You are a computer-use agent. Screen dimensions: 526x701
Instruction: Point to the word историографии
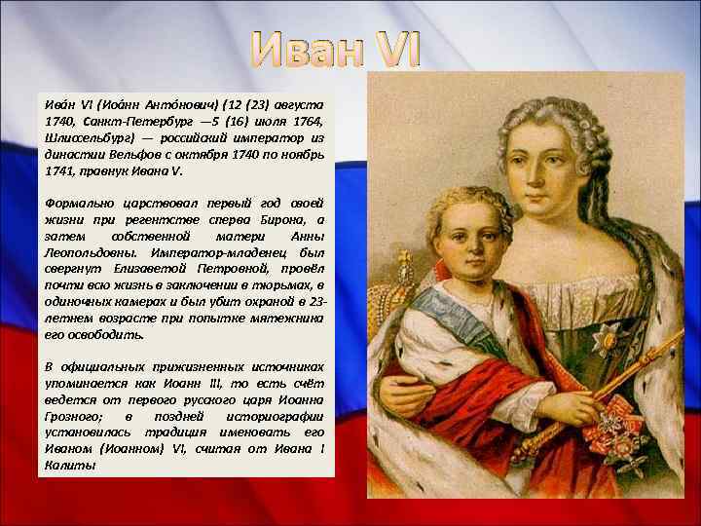278,416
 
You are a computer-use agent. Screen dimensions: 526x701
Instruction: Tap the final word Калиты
68,466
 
